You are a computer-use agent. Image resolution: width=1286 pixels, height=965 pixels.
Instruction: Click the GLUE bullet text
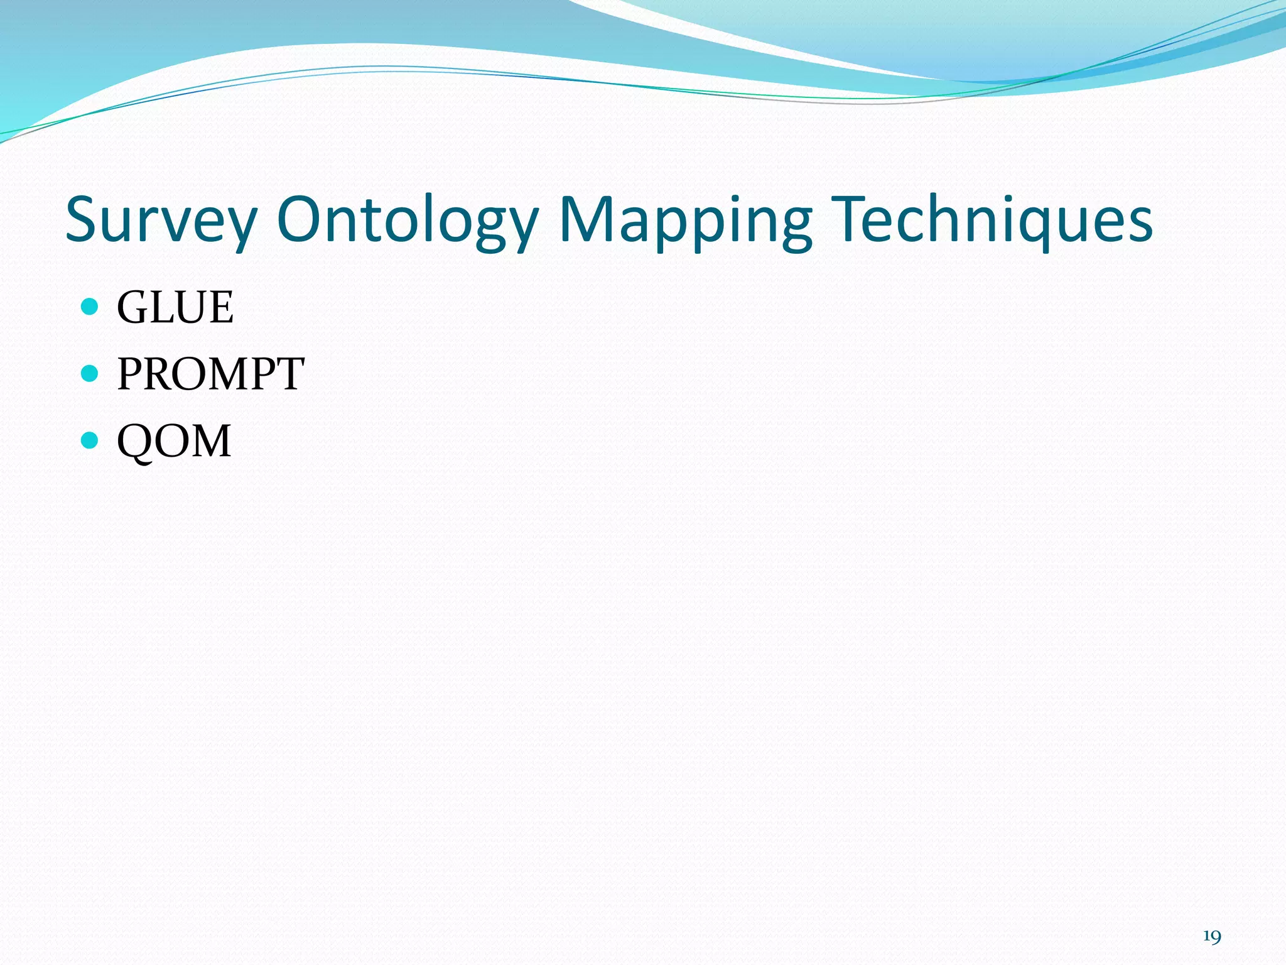pyautogui.click(x=175, y=307)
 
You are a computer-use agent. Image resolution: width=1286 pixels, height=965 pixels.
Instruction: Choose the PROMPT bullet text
pyautogui.click(x=210, y=374)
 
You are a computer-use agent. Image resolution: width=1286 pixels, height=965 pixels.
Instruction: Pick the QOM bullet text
pyautogui.click(x=174, y=440)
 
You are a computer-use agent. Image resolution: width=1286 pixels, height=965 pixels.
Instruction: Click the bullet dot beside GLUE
pyautogui.click(x=90, y=307)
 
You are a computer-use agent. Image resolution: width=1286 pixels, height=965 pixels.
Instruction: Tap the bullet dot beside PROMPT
pyautogui.click(x=90, y=374)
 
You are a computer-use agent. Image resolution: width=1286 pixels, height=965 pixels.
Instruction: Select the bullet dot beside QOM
pyautogui.click(x=90, y=440)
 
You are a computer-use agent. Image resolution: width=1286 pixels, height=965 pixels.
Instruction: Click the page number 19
pyautogui.click(x=1212, y=937)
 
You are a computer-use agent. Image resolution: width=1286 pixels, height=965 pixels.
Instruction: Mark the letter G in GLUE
pyautogui.click(x=132, y=307)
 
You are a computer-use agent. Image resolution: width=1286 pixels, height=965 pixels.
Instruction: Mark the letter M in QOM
pyautogui.click(x=209, y=440)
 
